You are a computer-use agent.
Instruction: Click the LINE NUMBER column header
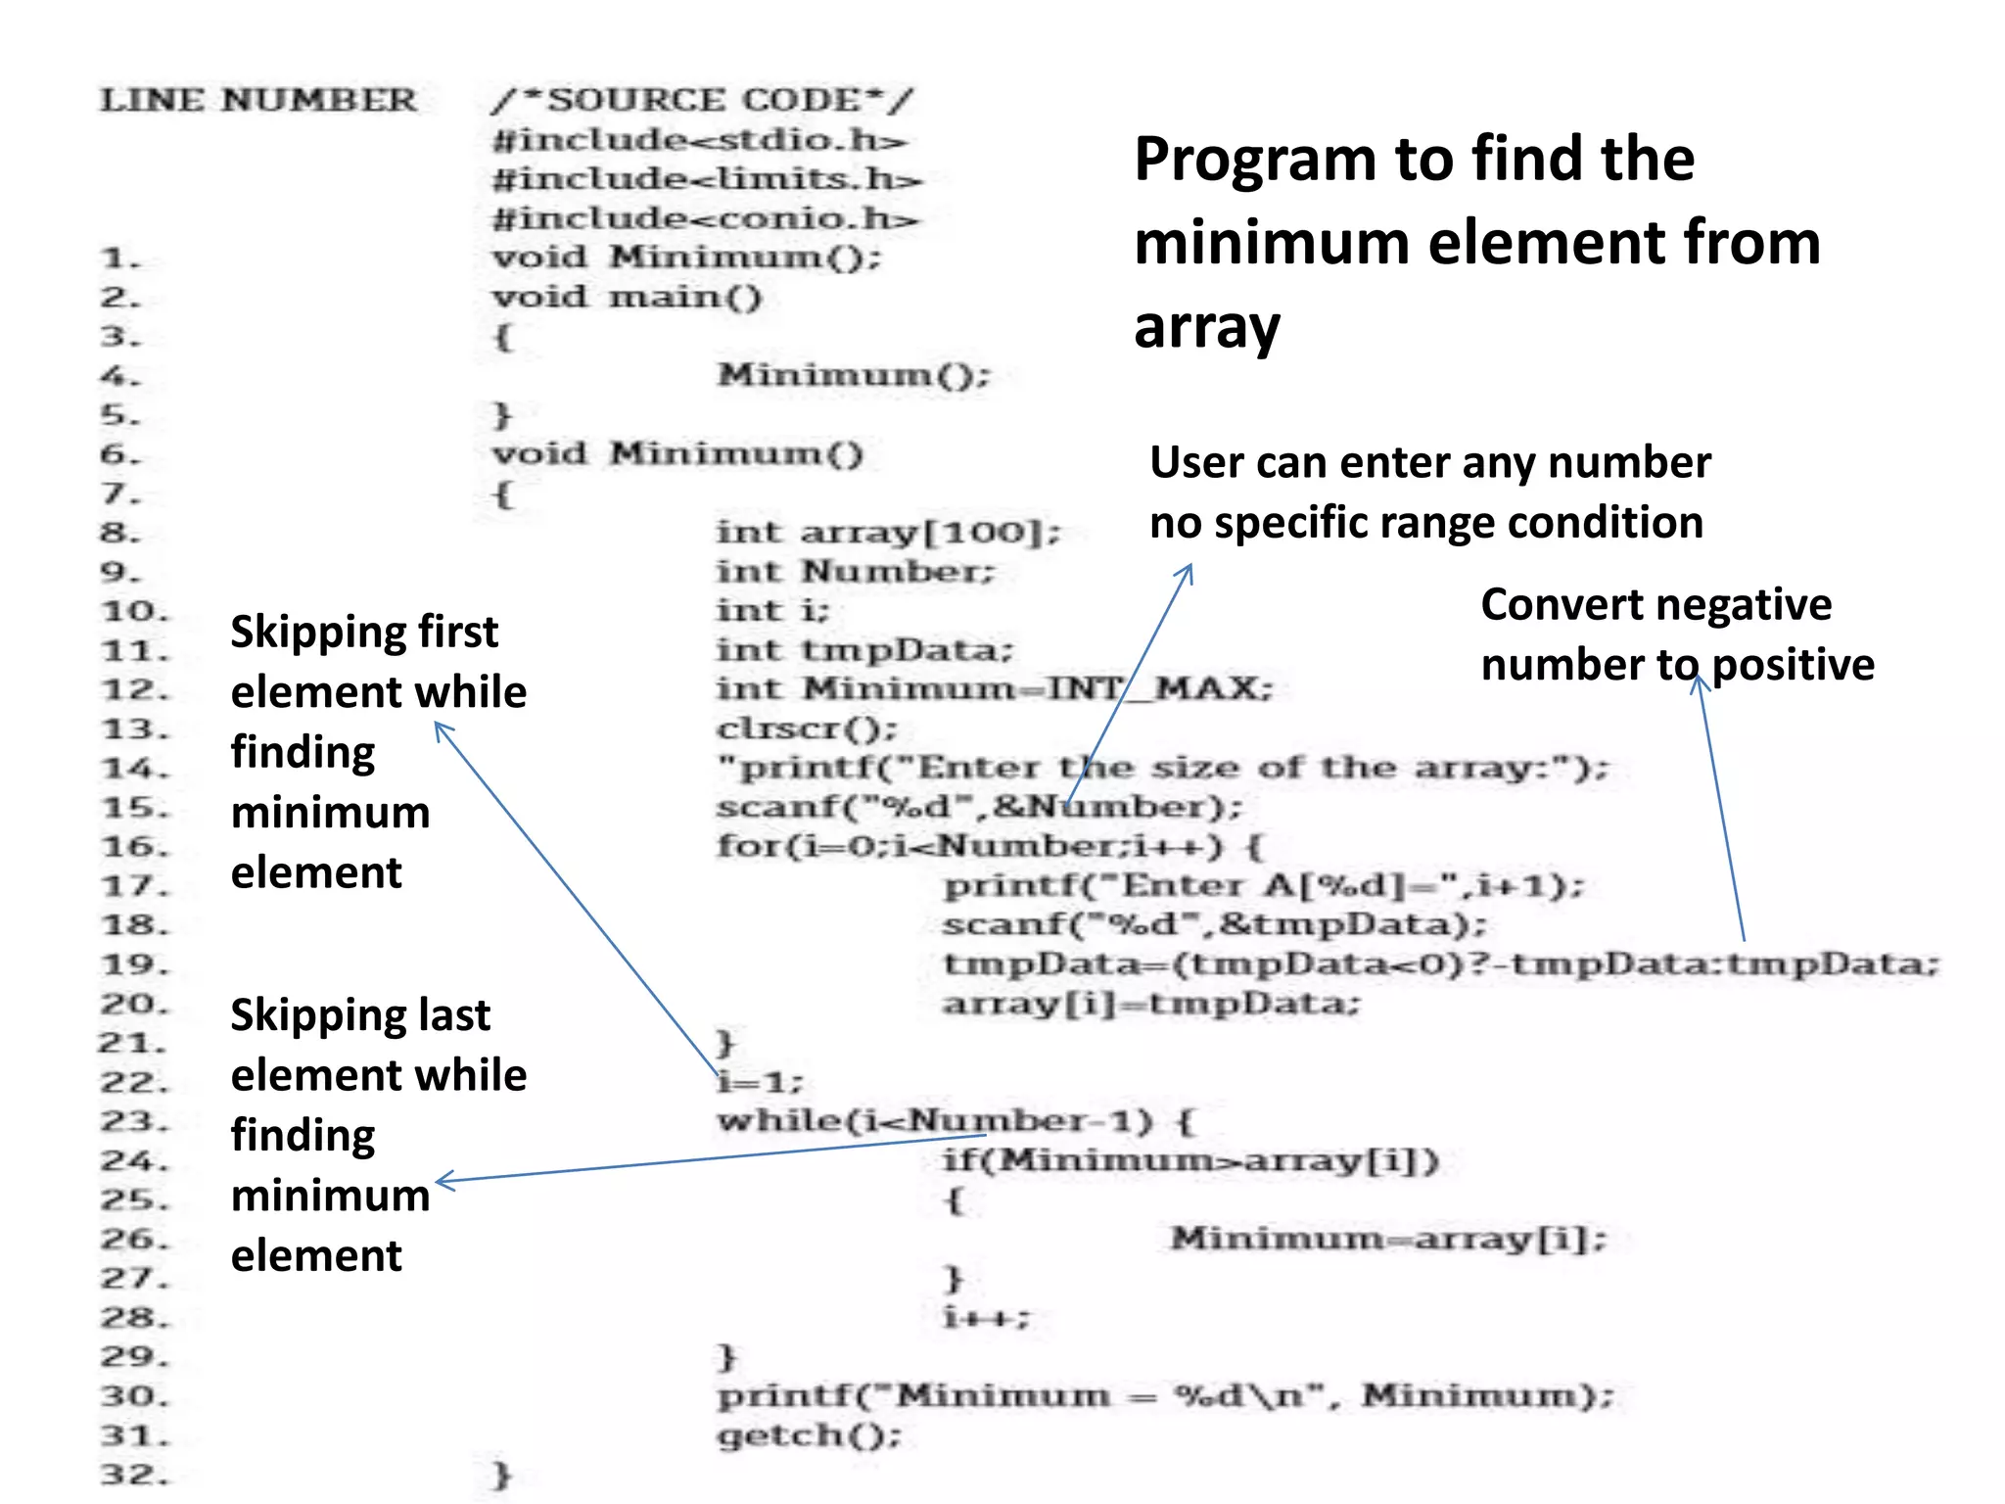coord(258,100)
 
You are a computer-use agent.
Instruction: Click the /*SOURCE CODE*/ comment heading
coord(702,100)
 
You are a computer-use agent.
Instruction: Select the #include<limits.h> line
coord(707,179)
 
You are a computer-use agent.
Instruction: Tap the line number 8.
coord(120,534)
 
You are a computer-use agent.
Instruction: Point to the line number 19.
coord(134,965)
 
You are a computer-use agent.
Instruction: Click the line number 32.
coord(134,1475)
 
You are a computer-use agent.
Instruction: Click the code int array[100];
coord(888,533)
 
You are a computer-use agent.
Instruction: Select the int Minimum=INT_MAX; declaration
coord(994,689)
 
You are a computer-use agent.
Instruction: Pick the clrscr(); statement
coord(807,728)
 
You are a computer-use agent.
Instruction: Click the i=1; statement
coord(760,1082)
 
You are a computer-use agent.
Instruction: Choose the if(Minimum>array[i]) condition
coord(1189,1160)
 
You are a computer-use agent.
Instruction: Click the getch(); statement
coord(809,1435)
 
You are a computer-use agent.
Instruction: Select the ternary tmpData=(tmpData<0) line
coord(1439,964)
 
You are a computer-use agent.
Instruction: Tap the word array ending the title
coord(1206,327)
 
